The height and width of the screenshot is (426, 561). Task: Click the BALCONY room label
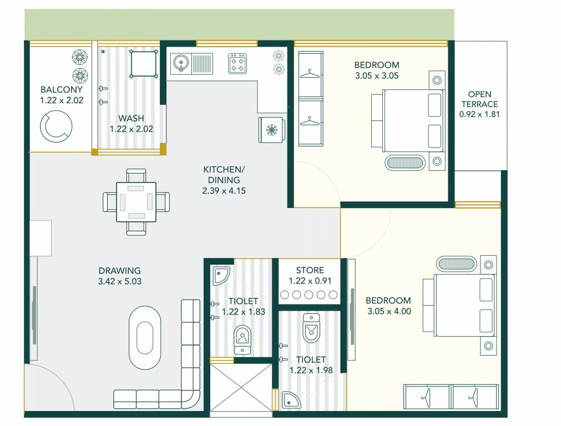(x=61, y=89)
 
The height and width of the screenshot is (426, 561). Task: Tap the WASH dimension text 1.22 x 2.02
(x=131, y=129)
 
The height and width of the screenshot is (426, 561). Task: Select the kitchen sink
(x=181, y=63)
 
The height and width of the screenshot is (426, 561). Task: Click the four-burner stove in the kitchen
(x=237, y=63)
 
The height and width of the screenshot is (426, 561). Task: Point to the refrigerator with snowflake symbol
(x=271, y=130)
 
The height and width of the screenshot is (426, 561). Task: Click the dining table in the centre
(x=136, y=202)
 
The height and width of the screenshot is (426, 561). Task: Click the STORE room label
(x=310, y=271)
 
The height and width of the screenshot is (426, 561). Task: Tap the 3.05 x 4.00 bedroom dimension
(x=389, y=311)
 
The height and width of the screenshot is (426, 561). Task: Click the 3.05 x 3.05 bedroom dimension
(x=377, y=76)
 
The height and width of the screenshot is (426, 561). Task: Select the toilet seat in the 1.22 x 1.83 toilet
(x=242, y=338)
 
